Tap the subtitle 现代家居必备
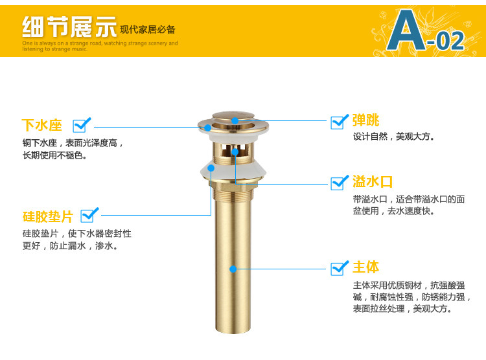tap(148, 30)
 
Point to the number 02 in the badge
tap(449, 40)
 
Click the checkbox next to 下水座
tap(82, 124)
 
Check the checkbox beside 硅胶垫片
tap(89, 214)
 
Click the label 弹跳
tap(366, 120)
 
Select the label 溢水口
tap(373, 181)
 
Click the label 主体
tap(366, 267)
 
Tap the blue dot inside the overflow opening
tap(235, 153)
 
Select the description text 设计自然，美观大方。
tap(394, 137)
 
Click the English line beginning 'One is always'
tap(100, 43)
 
